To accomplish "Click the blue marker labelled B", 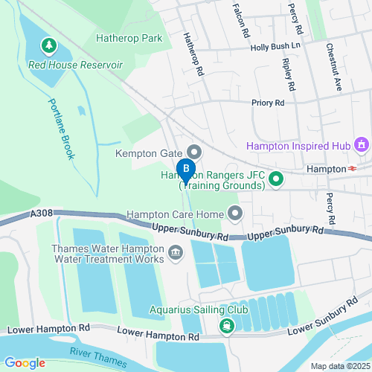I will click(186, 170).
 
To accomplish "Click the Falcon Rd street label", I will click(241, 19).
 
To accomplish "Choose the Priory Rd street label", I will click(269, 103).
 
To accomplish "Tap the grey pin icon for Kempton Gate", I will click(193, 153).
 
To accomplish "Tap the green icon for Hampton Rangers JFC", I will click(276, 179).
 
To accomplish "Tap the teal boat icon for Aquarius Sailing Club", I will click(225, 326).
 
